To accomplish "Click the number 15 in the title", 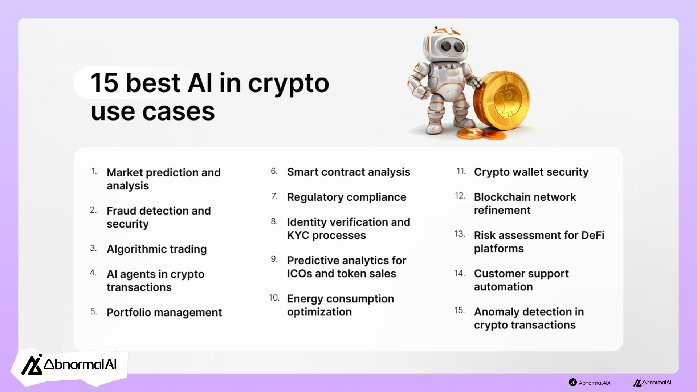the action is (105, 83).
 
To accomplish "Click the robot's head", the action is (445, 46).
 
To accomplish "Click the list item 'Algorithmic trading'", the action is (156, 249).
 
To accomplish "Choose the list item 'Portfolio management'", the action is (164, 313).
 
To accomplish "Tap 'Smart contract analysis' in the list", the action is (348, 172).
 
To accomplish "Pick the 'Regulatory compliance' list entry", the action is (347, 197).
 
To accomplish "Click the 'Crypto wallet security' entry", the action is (531, 172).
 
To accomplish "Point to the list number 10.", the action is (274, 298).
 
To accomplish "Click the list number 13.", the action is (460, 234).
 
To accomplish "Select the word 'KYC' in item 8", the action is (298, 235).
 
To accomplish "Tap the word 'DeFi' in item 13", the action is (593, 235).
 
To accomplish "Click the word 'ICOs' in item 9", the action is (299, 273).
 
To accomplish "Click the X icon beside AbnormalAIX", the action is (573, 382).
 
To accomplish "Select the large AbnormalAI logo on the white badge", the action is (69, 365).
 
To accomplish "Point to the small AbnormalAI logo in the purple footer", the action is (652, 382).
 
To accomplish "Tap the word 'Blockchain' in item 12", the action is (499, 197).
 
